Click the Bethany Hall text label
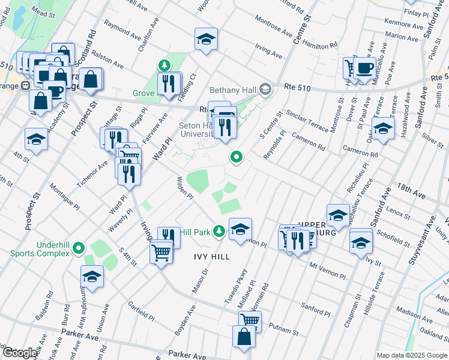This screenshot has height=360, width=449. point(233,90)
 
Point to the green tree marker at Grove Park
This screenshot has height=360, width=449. point(163,65)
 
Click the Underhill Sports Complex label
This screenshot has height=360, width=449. point(40,248)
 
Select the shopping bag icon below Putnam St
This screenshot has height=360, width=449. point(245,337)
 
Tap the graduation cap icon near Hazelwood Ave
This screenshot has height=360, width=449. point(383,128)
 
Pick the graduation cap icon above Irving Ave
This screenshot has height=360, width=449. point(206,39)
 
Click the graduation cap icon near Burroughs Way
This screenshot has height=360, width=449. point(92,276)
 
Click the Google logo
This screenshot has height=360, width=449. point(20,353)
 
